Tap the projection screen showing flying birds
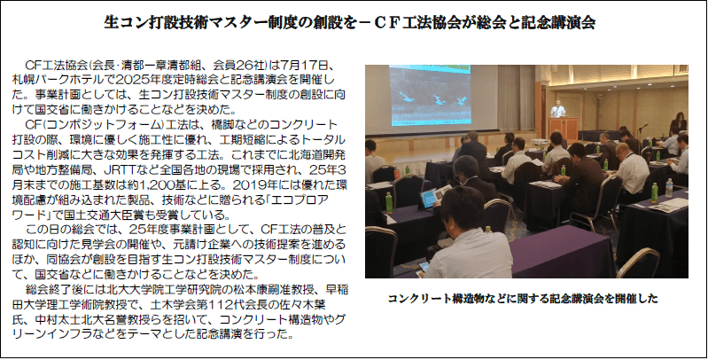pos(430,97)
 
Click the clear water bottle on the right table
pos(669,187)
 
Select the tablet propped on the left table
pos(428,199)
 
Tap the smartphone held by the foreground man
pos(423,267)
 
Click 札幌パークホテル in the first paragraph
pos(58,80)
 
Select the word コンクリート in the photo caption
pos(416,299)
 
